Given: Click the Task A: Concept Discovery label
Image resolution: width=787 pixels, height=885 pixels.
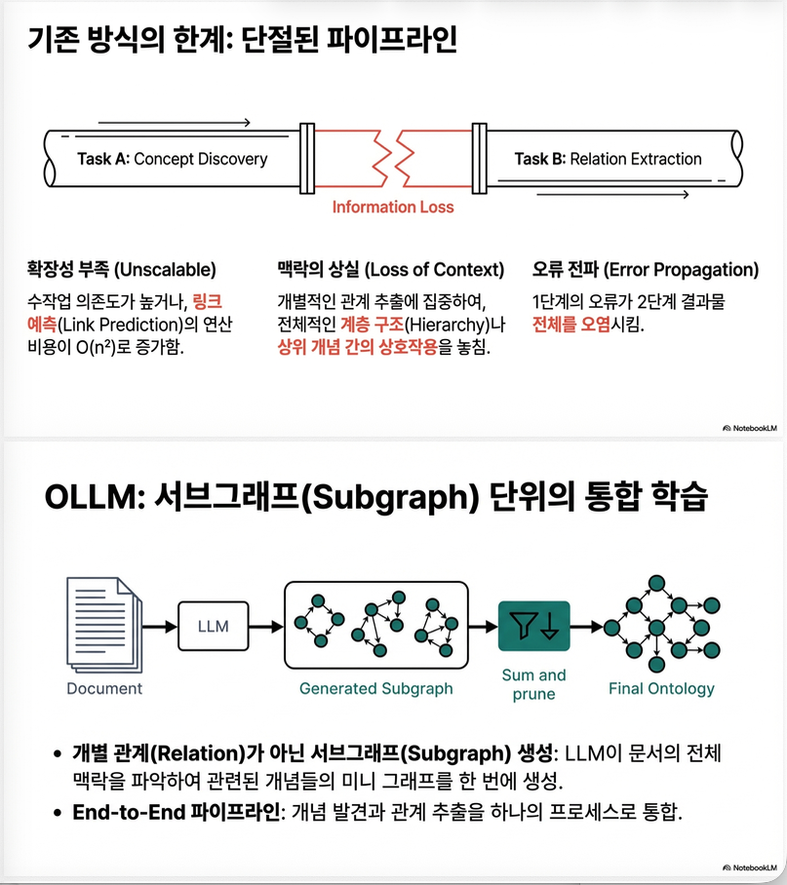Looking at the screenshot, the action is tap(173, 159).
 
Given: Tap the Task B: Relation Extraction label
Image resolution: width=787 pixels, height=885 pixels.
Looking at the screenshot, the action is tap(608, 159).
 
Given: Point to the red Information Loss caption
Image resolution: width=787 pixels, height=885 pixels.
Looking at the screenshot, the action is tap(393, 208).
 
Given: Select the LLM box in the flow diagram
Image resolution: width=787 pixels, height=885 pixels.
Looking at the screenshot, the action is tap(214, 626).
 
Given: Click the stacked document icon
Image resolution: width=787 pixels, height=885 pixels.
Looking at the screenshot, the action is tap(104, 624).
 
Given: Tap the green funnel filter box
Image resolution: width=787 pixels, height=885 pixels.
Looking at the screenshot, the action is tap(534, 626).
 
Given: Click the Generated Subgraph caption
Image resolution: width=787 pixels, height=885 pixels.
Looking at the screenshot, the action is tap(376, 688).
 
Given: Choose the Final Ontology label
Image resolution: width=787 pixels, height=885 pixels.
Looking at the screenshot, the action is tap(661, 688).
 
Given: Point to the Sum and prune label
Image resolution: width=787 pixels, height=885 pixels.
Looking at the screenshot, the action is tap(534, 684).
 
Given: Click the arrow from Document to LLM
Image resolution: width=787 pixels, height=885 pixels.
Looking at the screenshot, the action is tap(160, 626).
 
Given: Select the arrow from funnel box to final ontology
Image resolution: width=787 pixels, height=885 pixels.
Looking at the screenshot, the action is tap(587, 626).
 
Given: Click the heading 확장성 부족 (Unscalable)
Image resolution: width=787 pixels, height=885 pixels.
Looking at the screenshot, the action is tap(121, 269).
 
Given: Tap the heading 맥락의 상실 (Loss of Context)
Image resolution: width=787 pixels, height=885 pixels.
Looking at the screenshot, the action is tap(391, 269).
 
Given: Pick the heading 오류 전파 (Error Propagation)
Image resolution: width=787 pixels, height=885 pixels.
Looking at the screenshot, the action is tap(646, 269).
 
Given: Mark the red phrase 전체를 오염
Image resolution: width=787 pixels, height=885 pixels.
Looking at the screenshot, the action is tap(571, 325).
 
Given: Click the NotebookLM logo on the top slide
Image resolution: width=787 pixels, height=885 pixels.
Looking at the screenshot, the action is tap(750, 429).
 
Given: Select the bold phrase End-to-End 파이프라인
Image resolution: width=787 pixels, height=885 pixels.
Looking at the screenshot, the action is tap(177, 812).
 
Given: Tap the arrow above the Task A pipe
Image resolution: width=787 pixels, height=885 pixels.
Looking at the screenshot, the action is tap(175, 123).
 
